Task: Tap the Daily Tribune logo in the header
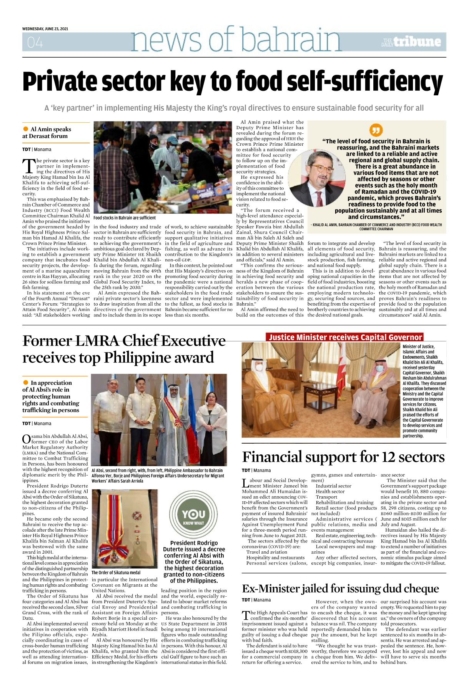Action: [411, 42]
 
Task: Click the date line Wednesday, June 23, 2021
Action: [45, 29]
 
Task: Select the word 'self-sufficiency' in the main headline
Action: [339, 82]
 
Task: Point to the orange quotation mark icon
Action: [376, 130]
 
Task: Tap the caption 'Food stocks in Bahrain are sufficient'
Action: [125, 218]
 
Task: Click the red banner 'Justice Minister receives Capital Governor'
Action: [345, 337]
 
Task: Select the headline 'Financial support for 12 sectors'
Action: [343, 457]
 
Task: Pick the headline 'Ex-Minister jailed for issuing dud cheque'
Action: [340, 589]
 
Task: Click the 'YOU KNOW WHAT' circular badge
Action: [193, 514]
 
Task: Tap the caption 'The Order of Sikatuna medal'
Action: [116, 572]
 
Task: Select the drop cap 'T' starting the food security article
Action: [29, 166]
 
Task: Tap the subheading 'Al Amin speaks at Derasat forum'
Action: [47, 133]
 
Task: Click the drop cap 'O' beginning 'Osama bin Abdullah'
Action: [27, 439]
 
